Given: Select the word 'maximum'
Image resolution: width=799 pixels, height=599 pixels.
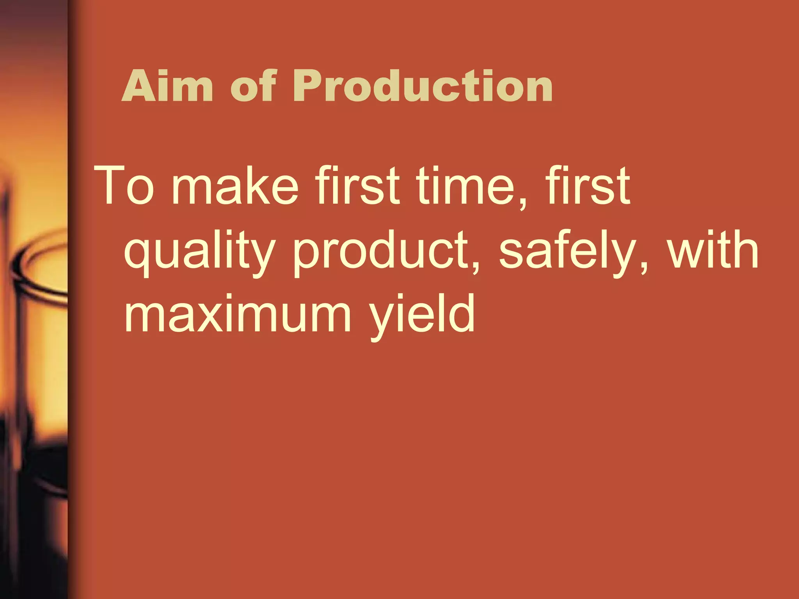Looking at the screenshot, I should (238, 314).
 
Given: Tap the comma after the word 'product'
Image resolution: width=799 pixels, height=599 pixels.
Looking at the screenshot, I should (476, 267).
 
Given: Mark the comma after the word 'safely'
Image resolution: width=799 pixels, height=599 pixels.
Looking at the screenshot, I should (644, 267).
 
